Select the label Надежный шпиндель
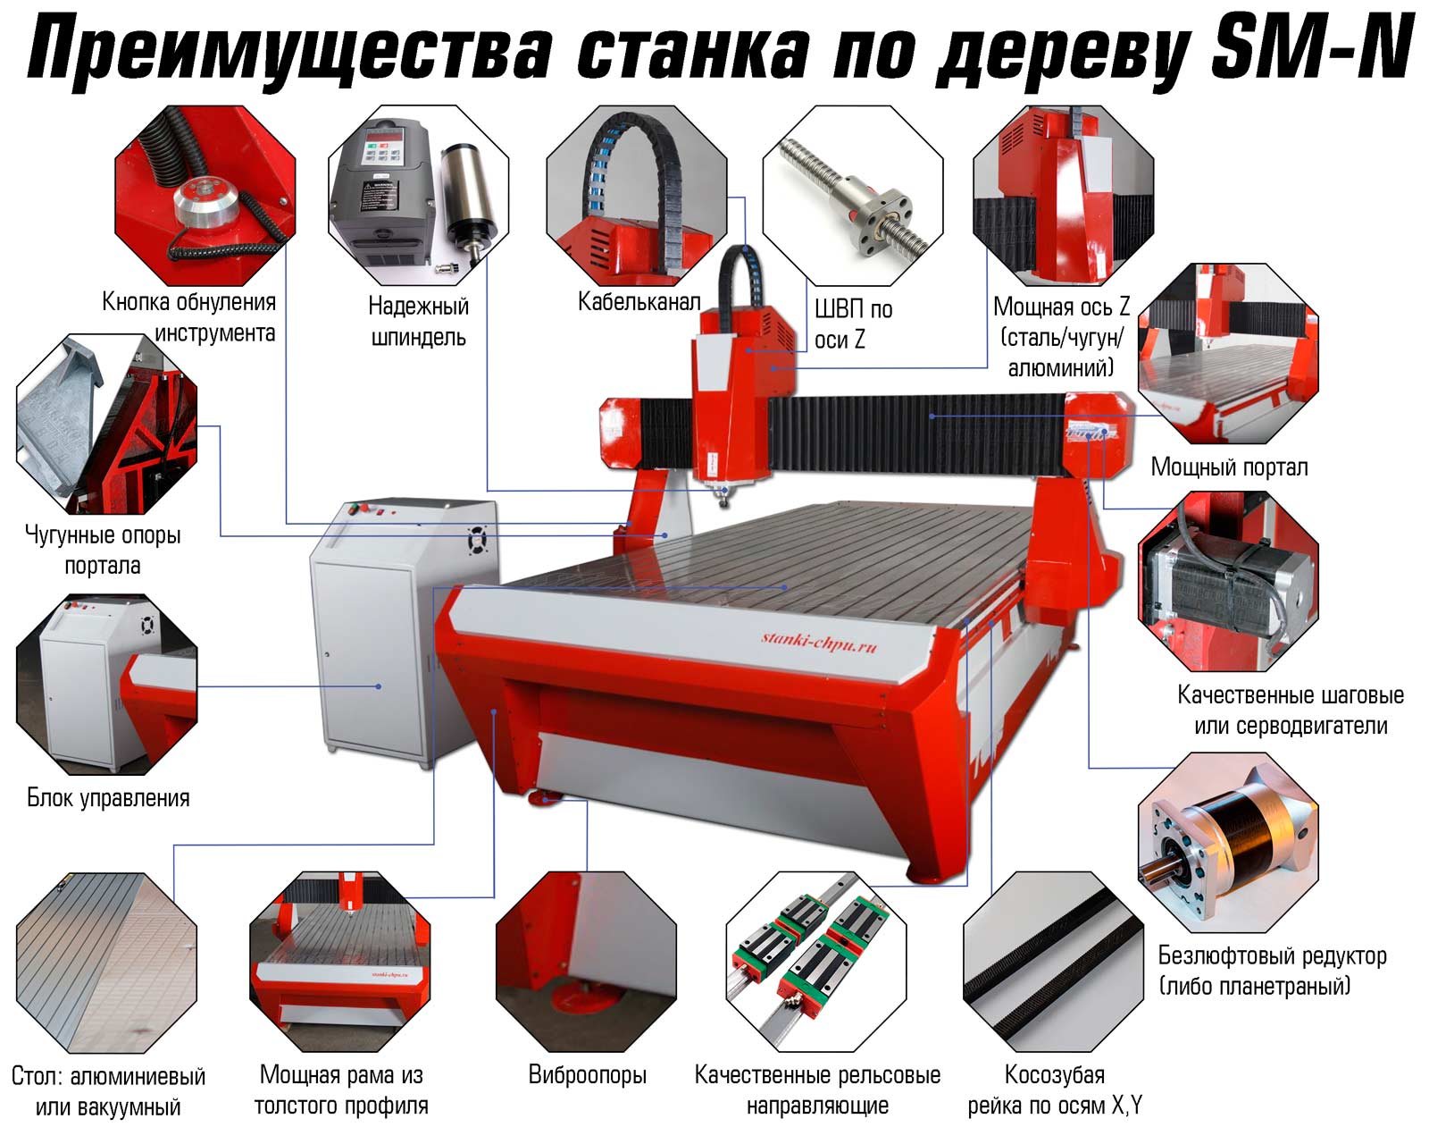(x=418, y=322)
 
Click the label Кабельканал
(x=639, y=302)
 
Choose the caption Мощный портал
(x=1229, y=467)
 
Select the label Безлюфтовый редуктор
(x=1273, y=955)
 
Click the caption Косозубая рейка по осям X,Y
(x=1055, y=1089)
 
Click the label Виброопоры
(x=587, y=1075)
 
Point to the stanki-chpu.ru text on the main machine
(x=819, y=642)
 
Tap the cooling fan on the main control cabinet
(x=477, y=541)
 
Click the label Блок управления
(x=108, y=798)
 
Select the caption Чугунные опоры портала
(x=102, y=550)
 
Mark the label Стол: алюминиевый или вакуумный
(x=108, y=1091)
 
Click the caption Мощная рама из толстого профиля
(x=340, y=1089)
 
